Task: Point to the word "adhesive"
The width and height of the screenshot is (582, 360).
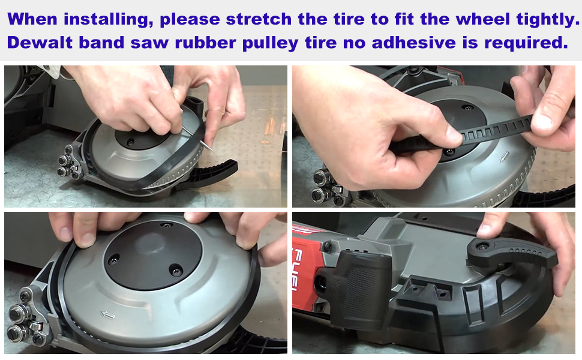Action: [413, 43]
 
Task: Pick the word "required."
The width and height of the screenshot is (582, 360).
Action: [526, 43]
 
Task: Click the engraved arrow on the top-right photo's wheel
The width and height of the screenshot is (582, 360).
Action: [503, 157]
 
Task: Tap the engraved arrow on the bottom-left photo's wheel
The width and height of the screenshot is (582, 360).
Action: [107, 316]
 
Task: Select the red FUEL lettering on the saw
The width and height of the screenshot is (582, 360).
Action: [298, 269]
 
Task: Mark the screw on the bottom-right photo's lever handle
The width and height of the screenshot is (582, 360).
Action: [482, 246]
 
